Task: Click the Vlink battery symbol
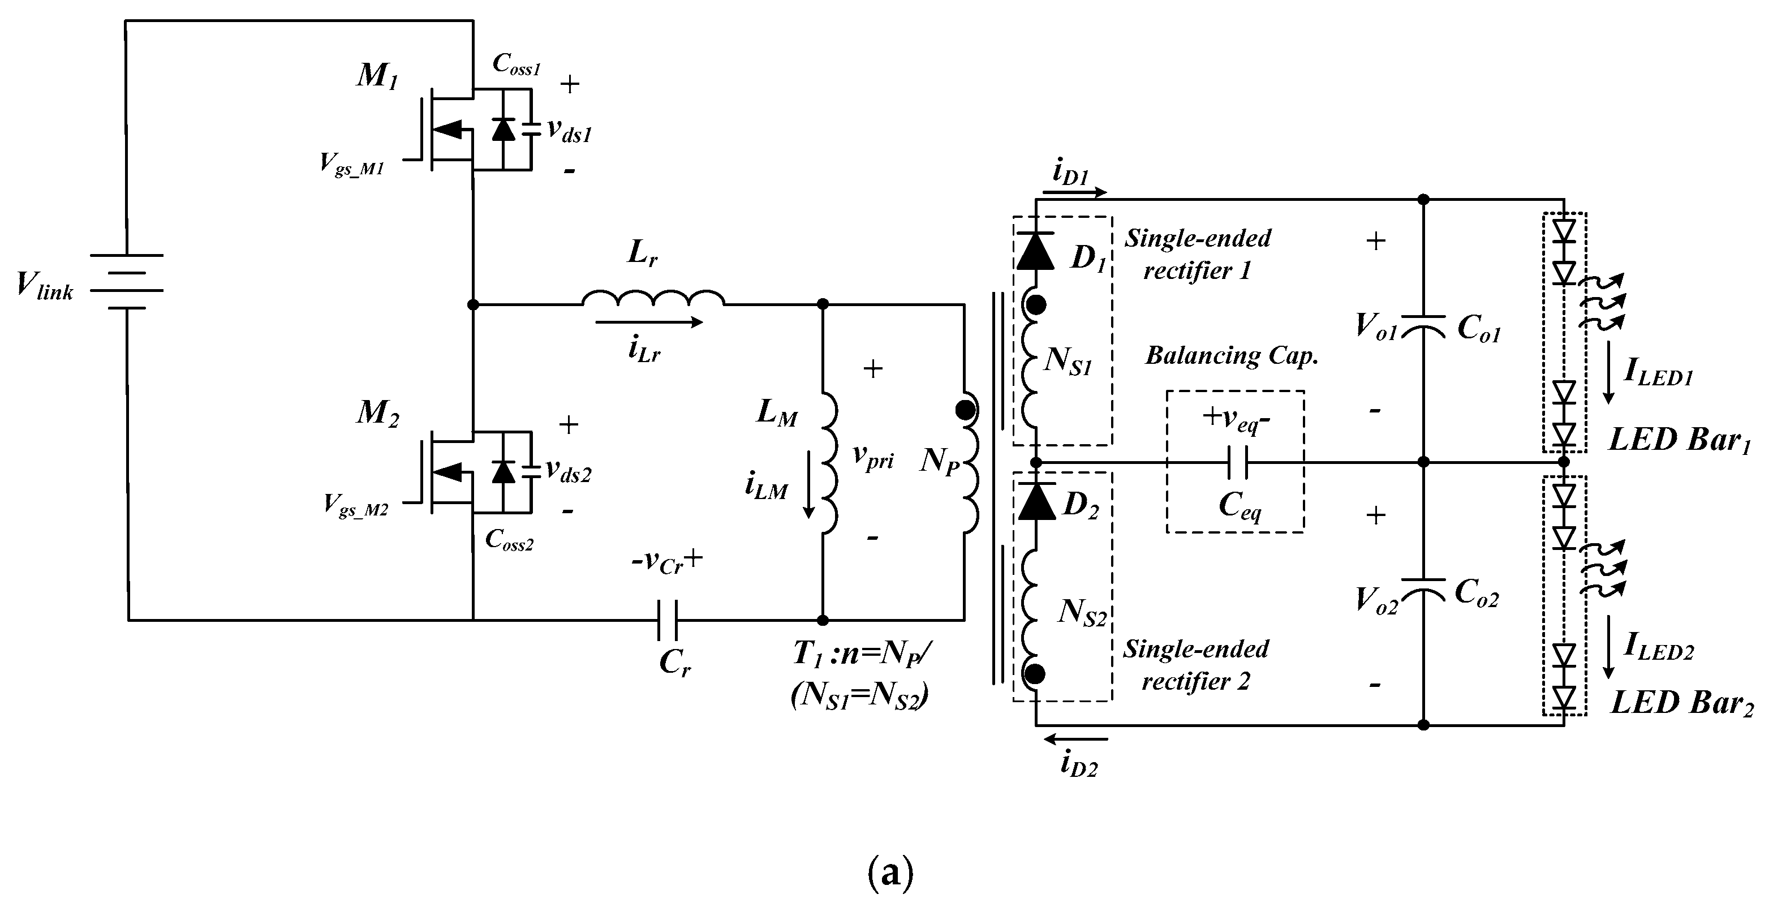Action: tap(127, 281)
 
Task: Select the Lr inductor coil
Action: tap(652, 298)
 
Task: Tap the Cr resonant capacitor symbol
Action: tap(666, 620)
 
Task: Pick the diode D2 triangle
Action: tap(1036, 501)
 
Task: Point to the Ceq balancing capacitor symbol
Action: tap(1237, 462)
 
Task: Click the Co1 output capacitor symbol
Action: tap(1423, 326)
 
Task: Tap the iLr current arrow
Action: tap(648, 321)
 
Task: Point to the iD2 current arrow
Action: tap(1077, 740)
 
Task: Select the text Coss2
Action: tap(509, 540)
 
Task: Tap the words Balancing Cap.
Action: tap(1232, 355)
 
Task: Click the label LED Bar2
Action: tap(1681, 703)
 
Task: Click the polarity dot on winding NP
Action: tap(965, 410)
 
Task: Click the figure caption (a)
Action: tap(890, 873)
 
